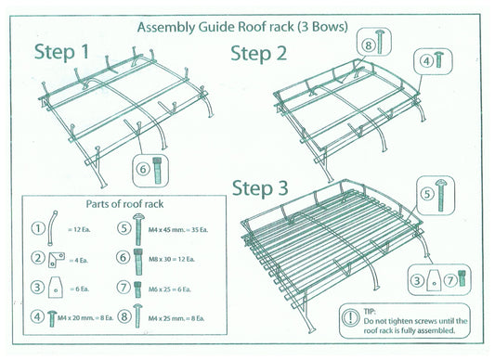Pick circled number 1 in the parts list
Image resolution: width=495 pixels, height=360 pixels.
pos(37,228)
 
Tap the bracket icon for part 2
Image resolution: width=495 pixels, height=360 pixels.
pos(59,257)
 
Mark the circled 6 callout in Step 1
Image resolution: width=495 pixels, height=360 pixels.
pos(143,169)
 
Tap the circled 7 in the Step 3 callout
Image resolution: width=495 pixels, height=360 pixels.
pos(451,278)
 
